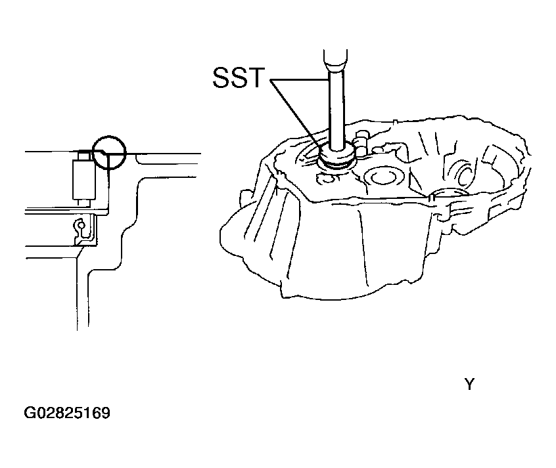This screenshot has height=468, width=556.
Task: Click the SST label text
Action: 239,77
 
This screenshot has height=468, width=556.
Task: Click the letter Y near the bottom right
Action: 469,385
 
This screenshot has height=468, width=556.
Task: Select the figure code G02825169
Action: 67,413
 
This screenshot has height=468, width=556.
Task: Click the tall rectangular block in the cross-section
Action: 84,179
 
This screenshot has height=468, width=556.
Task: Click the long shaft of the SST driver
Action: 336,106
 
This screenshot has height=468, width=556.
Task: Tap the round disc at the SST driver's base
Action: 336,156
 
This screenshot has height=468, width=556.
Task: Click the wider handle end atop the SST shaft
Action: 335,60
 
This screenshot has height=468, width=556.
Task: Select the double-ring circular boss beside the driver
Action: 383,177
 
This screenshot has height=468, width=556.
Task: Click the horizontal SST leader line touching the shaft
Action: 300,80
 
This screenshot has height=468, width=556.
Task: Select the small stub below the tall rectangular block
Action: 84,203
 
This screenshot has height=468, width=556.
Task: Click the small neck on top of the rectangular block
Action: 84,155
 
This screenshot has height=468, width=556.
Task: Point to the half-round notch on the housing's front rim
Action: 447,194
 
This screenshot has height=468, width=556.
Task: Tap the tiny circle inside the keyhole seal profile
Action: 81,224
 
